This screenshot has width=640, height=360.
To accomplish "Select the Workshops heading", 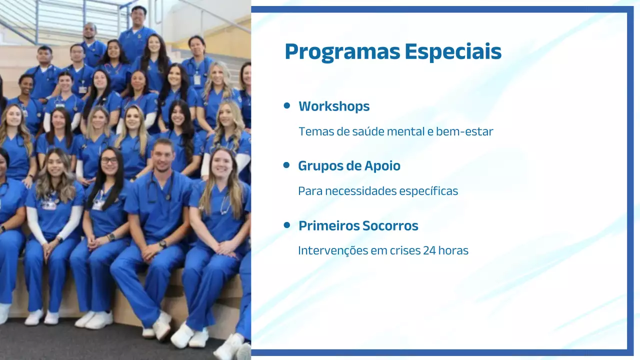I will (334, 106).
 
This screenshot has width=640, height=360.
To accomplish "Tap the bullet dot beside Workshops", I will (286, 105).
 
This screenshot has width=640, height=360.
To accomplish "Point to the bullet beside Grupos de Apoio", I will (286, 165).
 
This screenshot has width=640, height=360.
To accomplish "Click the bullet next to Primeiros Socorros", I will (286, 225).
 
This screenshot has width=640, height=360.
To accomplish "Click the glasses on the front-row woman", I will (109, 160).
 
